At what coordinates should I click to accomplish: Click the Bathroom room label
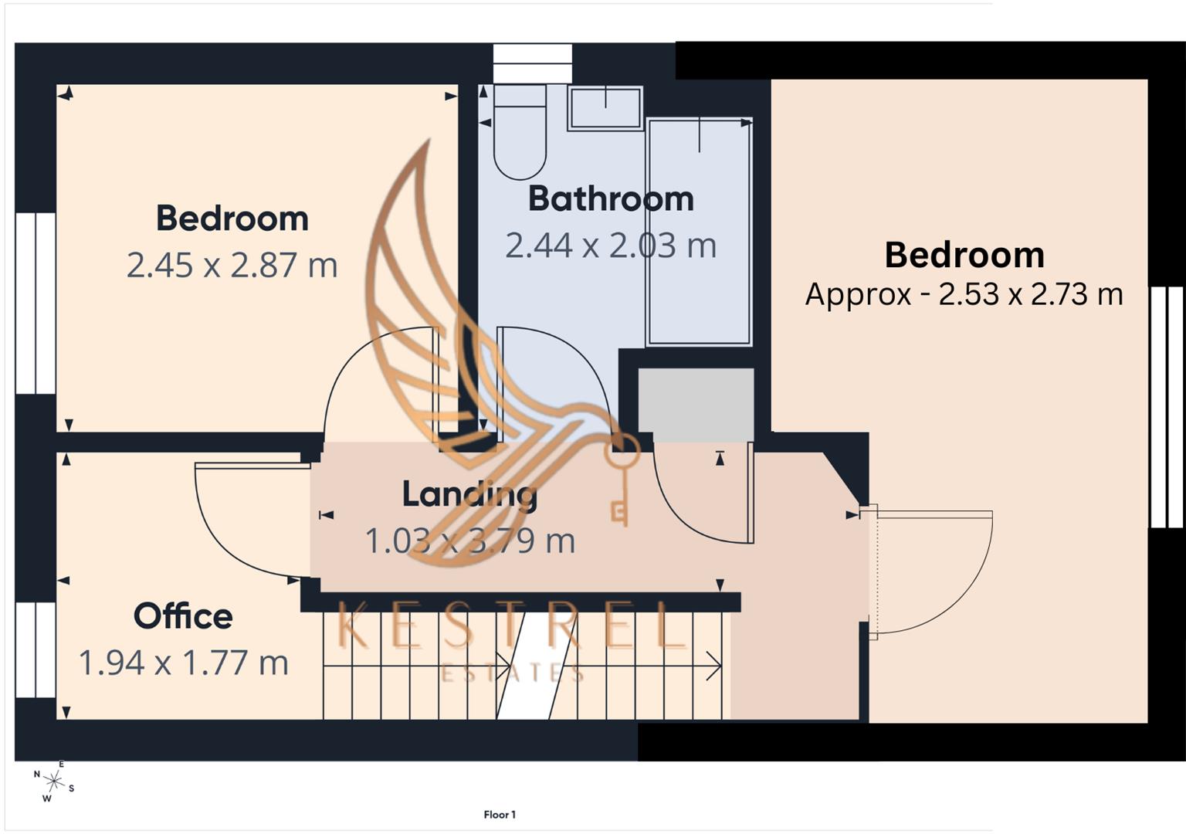coord(611,199)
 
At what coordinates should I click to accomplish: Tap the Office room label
coord(183,616)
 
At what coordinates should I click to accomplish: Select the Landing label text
coord(469,494)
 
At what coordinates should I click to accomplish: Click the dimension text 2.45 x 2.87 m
coord(232,266)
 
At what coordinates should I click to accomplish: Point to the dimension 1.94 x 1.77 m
coord(184,663)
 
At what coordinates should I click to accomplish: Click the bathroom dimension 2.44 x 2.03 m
coord(611,246)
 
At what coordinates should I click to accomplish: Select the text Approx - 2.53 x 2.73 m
coord(964,294)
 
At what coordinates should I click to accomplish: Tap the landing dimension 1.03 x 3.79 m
coord(469,541)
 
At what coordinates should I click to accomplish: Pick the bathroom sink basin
coord(605,108)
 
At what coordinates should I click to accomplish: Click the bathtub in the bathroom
coord(699,232)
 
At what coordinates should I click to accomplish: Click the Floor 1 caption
coord(500,815)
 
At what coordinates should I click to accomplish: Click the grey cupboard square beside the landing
coord(696,405)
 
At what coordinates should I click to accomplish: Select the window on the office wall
coord(36,649)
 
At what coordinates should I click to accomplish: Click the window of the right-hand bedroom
coord(1167,407)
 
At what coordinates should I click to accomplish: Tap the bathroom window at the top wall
coord(532,63)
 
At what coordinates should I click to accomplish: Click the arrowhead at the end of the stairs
coord(713,666)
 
